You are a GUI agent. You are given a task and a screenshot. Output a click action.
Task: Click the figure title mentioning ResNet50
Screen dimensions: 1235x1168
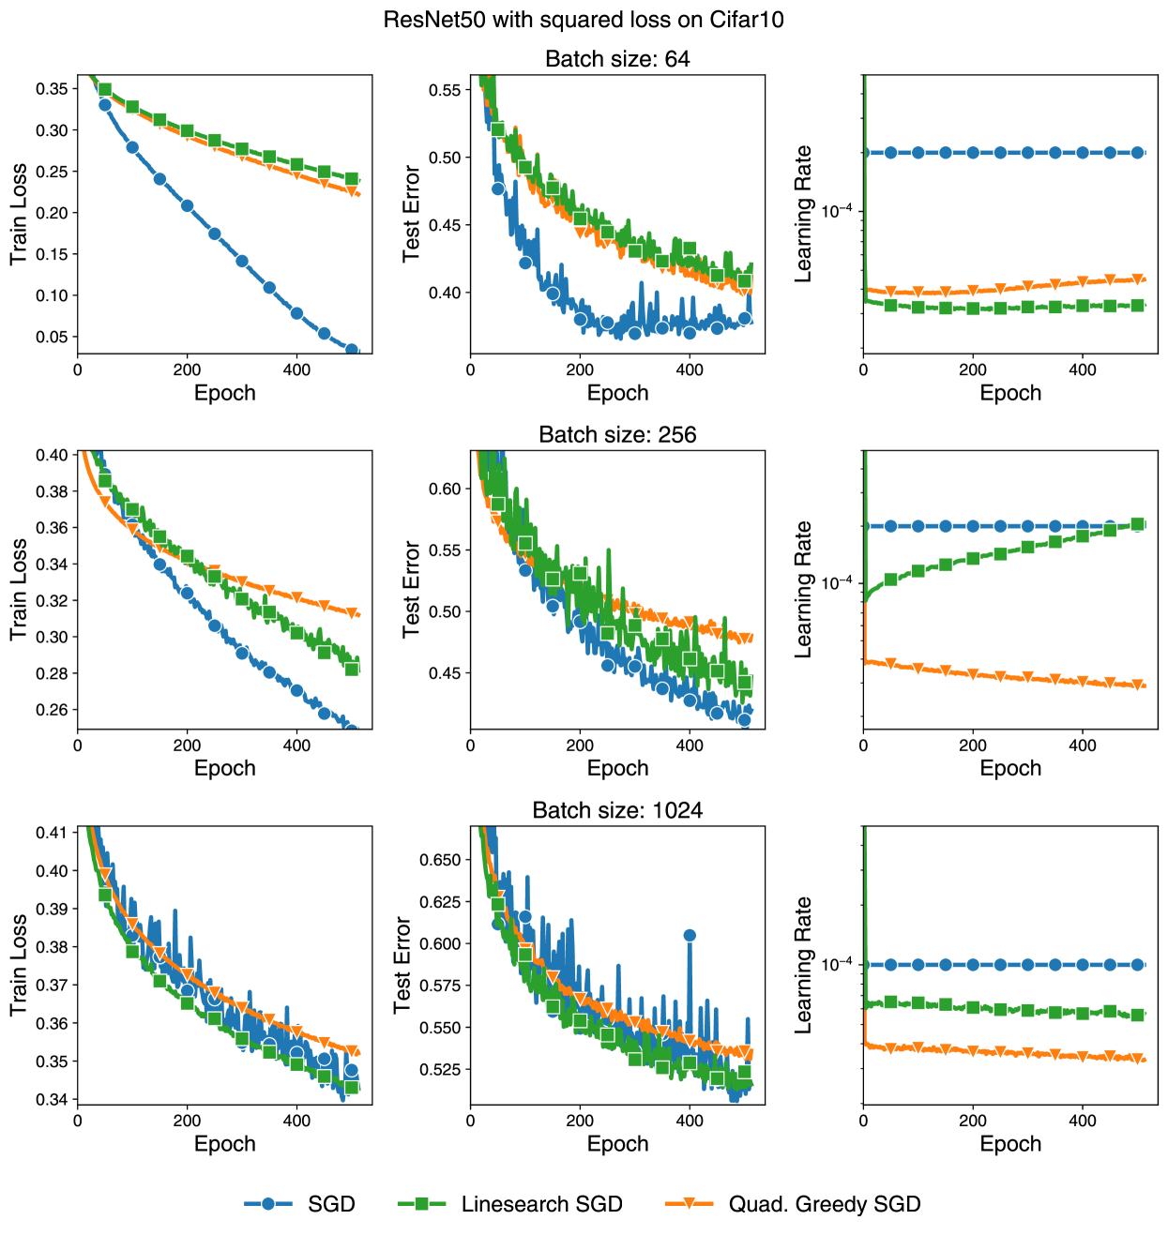click(x=584, y=20)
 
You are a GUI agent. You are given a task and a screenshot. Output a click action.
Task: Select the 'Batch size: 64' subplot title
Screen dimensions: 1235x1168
click(x=617, y=59)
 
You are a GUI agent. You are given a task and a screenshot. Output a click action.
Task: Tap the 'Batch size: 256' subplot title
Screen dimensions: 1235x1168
click(x=617, y=435)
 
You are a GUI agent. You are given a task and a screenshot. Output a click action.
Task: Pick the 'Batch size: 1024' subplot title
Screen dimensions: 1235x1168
click(x=617, y=810)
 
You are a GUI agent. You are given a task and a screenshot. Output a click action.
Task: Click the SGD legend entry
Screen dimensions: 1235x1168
click(x=300, y=1204)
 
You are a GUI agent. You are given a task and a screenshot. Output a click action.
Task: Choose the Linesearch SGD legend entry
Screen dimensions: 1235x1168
click(x=511, y=1204)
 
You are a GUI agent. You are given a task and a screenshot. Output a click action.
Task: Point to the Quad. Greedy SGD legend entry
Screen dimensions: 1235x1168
click(x=794, y=1204)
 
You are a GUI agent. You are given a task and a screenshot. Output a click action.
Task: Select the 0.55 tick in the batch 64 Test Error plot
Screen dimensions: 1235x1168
click(x=446, y=90)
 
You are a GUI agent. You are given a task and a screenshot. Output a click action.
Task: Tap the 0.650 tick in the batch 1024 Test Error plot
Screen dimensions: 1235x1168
click(x=440, y=860)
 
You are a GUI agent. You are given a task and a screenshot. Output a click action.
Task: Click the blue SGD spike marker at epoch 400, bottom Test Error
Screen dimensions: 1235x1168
click(x=690, y=935)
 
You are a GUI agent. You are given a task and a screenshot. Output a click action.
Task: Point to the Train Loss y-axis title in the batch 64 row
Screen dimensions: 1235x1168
click(x=19, y=214)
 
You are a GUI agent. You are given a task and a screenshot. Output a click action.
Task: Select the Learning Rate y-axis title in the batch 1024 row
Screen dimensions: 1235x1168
click(x=803, y=965)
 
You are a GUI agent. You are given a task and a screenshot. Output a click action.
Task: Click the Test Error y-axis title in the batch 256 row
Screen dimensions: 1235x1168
click(x=411, y=589)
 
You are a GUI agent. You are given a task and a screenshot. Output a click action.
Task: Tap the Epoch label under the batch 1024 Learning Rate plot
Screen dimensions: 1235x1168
click(x=1010, y=1144)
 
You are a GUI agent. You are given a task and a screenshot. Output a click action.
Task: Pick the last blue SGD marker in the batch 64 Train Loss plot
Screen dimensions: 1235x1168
click(x=352, y=351)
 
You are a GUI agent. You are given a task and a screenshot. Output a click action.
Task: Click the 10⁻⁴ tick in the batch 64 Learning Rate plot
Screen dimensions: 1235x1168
click(x=837, y=211)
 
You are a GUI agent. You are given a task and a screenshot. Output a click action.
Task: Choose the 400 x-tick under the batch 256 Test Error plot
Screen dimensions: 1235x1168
click(x=690, y=746)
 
